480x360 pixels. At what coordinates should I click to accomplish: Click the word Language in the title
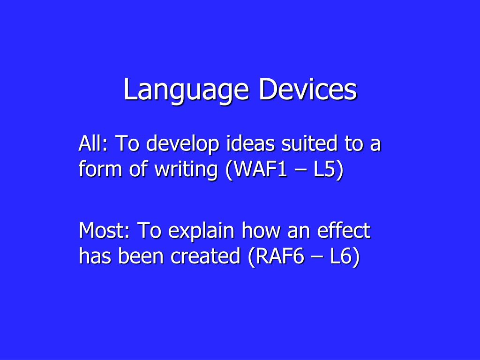(186, 90)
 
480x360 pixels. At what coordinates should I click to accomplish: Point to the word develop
(183, 144)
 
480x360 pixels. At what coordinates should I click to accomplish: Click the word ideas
(250, 143)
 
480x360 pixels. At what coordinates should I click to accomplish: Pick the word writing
(186, 169)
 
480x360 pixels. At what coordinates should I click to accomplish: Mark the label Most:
(105, 230)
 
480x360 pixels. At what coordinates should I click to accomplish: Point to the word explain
(201, 231)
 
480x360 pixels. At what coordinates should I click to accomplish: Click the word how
(261, 230)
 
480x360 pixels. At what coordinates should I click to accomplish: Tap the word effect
(344, 230)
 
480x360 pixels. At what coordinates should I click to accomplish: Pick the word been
(141, 256)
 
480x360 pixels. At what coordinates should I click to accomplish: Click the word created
(205, 256)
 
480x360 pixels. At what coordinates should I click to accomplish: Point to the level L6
(345, 256)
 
